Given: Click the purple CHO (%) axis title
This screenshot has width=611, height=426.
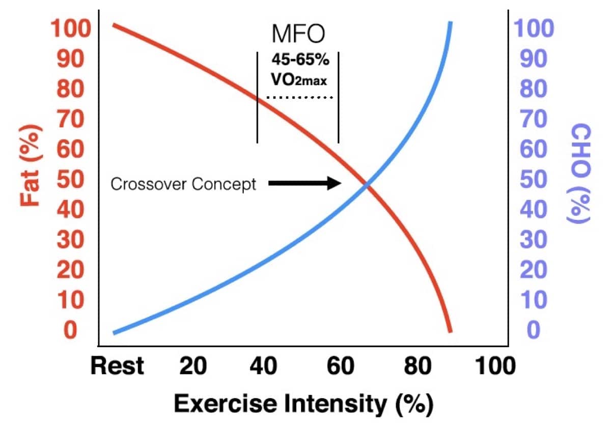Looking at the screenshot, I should pos(578,173).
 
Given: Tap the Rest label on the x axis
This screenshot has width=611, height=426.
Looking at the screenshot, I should pos(117,366).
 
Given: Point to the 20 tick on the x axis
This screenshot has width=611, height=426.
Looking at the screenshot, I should pos(193,366).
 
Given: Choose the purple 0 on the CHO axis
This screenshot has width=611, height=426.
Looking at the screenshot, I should pos(533,330).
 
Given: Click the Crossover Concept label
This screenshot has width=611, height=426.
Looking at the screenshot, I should pos(183,184).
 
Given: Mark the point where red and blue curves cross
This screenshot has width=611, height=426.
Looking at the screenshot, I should pos(366,186).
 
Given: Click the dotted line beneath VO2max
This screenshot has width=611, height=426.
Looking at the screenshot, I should pos(299,97).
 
